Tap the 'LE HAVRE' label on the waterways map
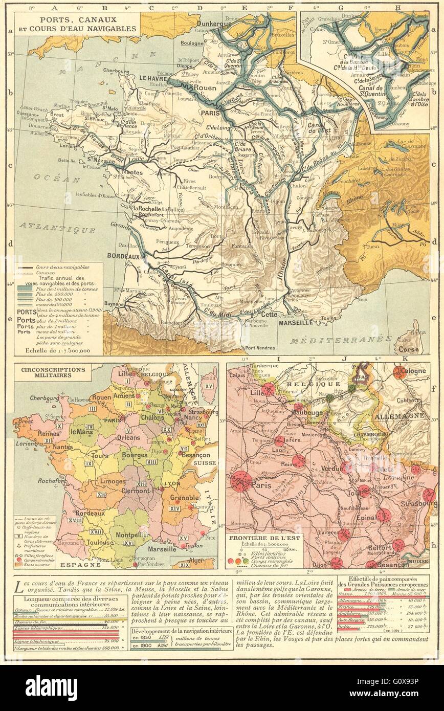coord(153,78)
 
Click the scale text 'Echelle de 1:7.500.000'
coord(58,351)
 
